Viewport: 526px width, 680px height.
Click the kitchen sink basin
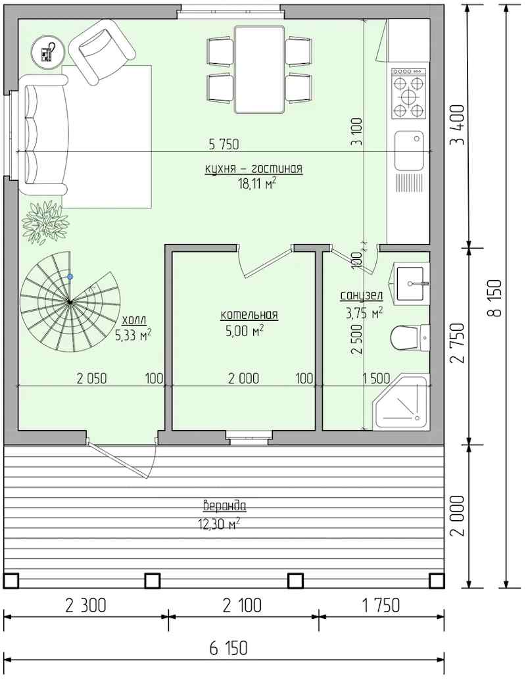coord(409,151)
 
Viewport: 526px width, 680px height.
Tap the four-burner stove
coord(409,93)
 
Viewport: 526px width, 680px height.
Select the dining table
coord(259,70)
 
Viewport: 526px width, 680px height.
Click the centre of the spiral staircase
coord(70,302)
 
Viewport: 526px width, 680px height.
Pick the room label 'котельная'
coord(249,315)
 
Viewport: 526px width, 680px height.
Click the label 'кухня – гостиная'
coord(254,168)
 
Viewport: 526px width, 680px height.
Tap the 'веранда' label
coord(225,506)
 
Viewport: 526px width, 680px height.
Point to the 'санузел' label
coord(361,296)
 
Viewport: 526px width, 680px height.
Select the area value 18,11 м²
coord(256,184)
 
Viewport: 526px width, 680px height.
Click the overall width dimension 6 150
coord(229,648)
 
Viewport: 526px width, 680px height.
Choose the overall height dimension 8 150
coord(494,298)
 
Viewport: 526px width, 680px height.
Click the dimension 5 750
coord(224,144)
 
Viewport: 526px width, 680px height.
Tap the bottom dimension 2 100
coord(242,606)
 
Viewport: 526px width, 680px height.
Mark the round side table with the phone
coord(48,51)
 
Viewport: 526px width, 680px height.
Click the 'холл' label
coord(134,320)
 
